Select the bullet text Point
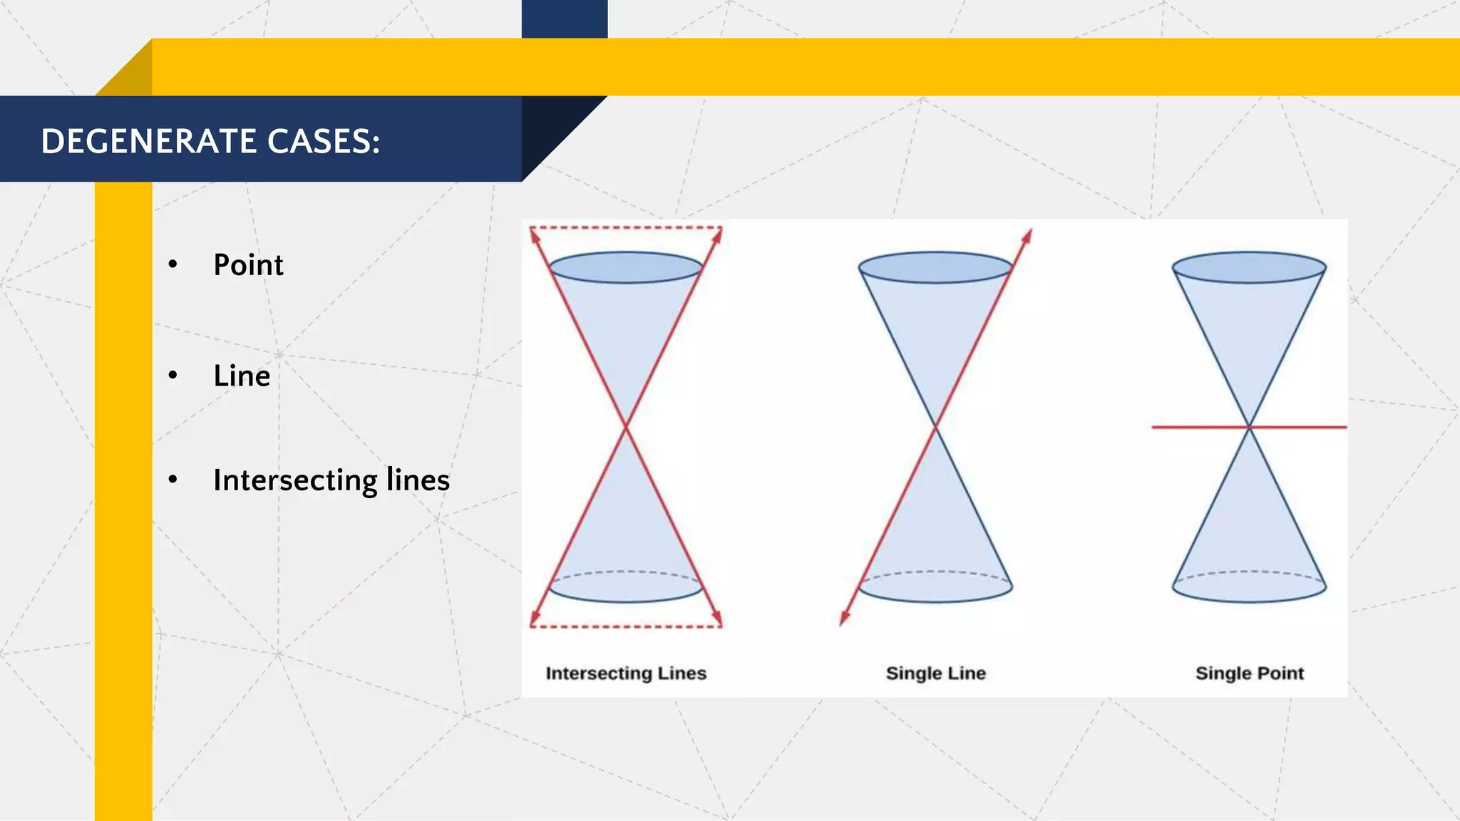(x=248, y=265)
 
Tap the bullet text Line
(x=242, y=376)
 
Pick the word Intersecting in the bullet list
(x=294, y=480)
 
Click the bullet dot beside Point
(x=173, y=265)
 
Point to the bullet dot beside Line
(x=173, y=376)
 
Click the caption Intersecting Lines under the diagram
(x=626, y=673)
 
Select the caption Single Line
(x=935, y=673)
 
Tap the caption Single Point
(x=1249, y=673)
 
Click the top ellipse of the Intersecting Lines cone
(x=626, y=267)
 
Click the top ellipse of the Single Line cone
(x=935, y=267)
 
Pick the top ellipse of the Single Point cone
(x=1249, y=267)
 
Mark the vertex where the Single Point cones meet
(x=1249, y=427)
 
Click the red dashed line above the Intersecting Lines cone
(x=626, y=228)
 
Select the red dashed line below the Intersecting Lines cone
(x=626, y=626)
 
